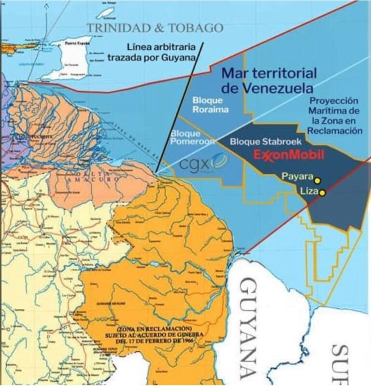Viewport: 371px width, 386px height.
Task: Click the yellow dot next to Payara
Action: click(x=318, y=180)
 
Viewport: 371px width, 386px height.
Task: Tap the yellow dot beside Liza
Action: click(x=323, y=193)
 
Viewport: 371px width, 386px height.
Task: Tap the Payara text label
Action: click(x=298, y=177)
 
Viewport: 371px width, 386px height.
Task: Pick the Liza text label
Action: click(x=308, y=192)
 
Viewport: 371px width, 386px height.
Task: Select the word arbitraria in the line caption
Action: click(x=178, y=47)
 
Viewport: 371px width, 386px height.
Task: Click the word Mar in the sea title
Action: click(x=234, y=74)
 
